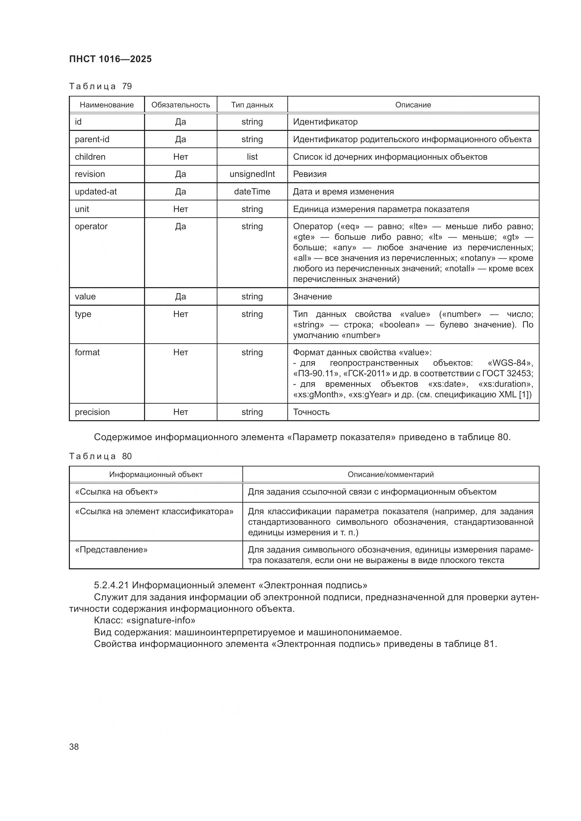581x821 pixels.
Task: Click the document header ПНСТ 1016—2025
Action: tap(110, 59)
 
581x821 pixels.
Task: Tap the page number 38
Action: tap(74, 747)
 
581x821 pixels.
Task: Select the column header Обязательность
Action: tap(180, 105)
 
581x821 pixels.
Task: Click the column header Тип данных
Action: tap(252, 105)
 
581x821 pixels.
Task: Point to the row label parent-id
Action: tap(92, 139)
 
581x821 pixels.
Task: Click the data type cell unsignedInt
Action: tap(252, 174)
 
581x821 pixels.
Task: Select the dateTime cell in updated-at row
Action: tap(252, 192)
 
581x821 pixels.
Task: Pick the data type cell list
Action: tap(252, 157)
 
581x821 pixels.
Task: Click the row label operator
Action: tap(91, 226)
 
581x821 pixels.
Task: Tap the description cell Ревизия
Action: tap(310, 174)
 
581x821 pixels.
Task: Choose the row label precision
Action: tap(92, 412)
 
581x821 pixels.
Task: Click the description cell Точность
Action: tap(311, 412)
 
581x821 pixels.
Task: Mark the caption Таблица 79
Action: tap(100, 86)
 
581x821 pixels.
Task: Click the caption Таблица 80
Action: tap(100, 456)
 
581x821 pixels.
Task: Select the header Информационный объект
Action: tap(156, 475)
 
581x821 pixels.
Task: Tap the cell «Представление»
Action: tap(111, 550)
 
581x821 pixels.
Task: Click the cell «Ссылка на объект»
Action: tap(116, 492)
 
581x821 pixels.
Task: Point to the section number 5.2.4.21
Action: tap(111, 585)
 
